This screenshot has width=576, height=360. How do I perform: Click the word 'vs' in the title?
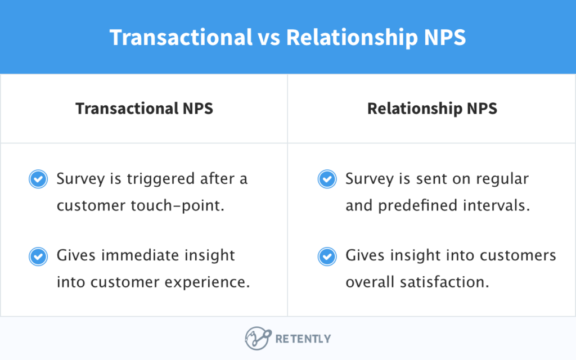click(269, 37)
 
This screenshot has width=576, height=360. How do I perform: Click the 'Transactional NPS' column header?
click(144, 108)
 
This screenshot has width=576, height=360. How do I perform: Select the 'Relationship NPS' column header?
click(432, 108)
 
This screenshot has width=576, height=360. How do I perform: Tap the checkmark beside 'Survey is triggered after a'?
click(38, 179)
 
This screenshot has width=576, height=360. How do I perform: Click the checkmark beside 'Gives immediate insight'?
click(38, 256)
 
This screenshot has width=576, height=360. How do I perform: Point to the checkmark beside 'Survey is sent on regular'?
click(327, 179)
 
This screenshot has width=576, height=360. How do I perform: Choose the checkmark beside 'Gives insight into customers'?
click(327, 256)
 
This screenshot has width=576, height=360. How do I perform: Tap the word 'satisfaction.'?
click(446, 282)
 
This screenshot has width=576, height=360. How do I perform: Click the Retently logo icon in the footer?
click(257, 339)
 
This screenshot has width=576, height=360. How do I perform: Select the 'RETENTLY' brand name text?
click(303, 339)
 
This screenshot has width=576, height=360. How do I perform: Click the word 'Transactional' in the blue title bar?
click(181, 37)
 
